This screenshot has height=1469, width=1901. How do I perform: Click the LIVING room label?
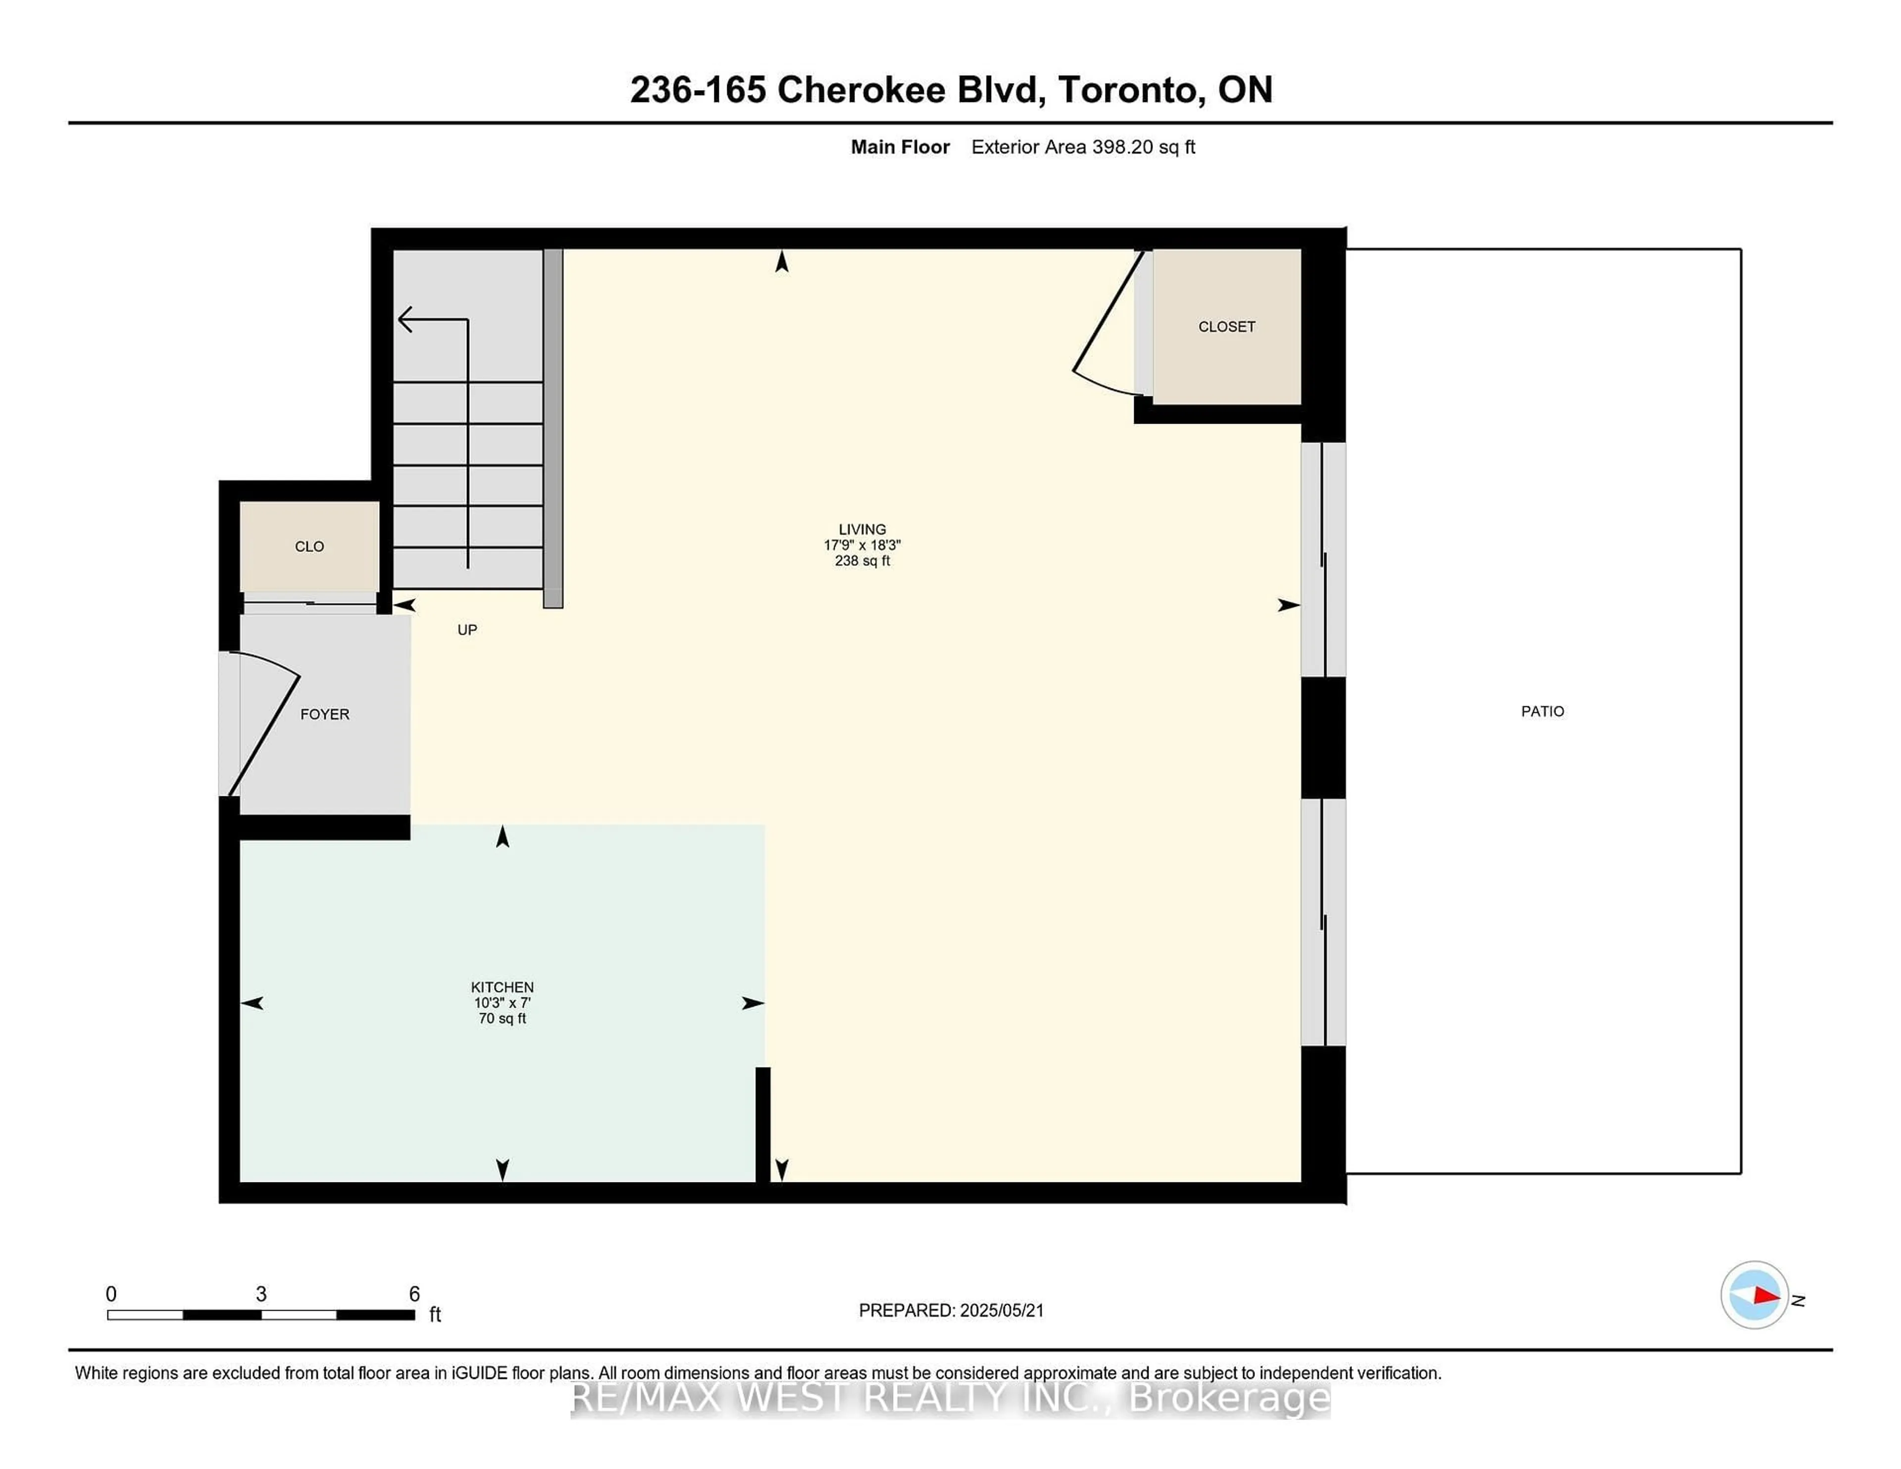862,529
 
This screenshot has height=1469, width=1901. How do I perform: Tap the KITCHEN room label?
502,987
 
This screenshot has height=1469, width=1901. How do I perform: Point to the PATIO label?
1543,711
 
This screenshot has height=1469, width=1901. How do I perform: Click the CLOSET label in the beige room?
1226,326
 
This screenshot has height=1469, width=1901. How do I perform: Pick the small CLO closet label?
309,546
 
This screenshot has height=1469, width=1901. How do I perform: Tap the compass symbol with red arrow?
1754,1295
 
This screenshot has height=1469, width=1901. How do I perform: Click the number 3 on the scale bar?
261,1294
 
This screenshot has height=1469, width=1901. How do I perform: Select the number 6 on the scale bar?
414,1294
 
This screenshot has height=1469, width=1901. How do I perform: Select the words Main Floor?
900,147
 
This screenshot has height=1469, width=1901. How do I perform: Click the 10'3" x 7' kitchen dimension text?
502,1003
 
